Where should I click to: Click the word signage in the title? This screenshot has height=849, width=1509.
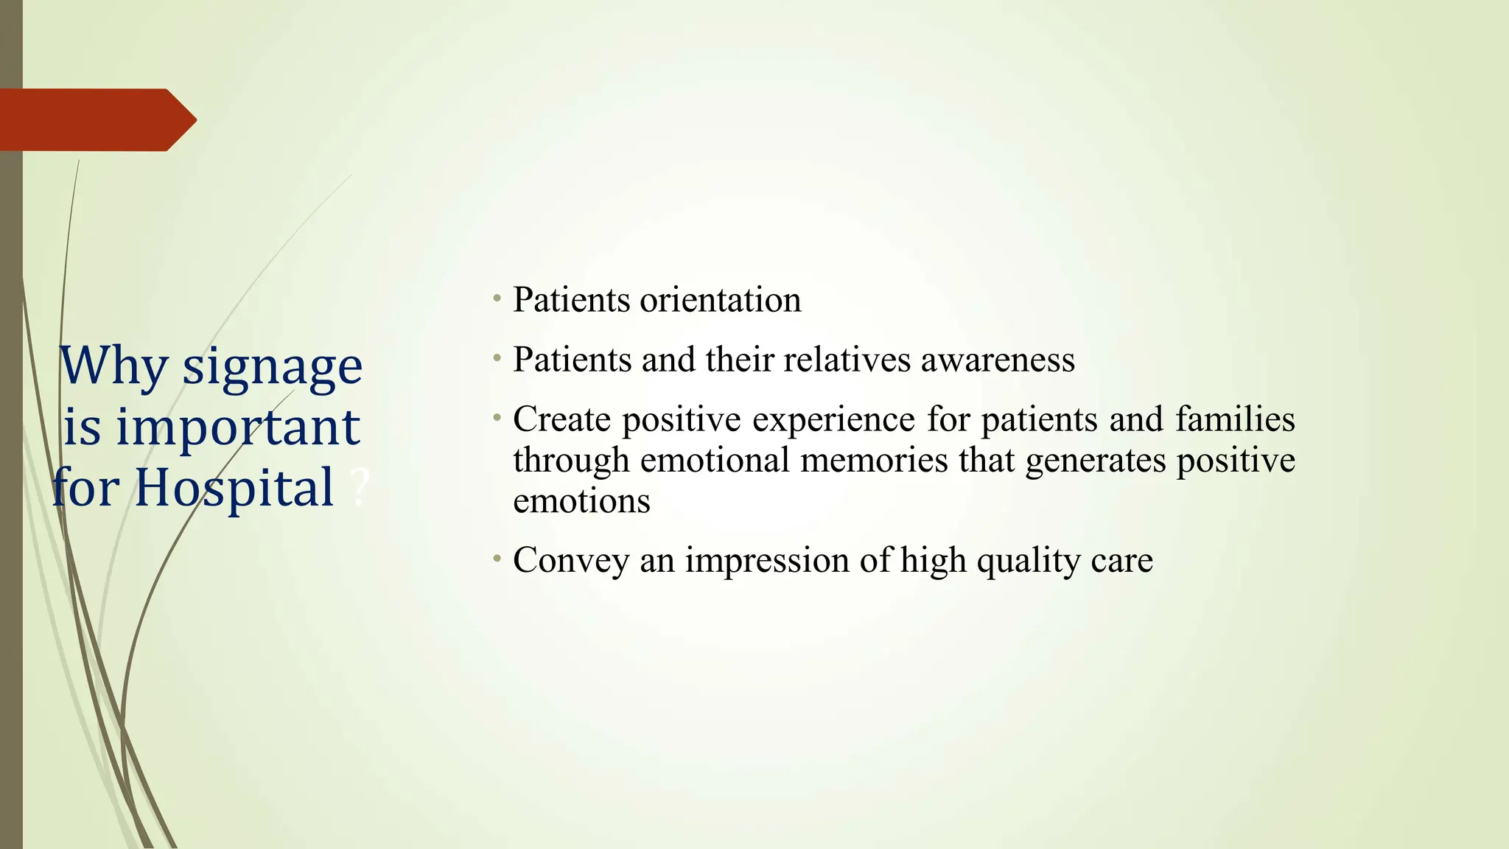(x=272, y=367)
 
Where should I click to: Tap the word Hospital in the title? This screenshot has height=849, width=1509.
(x=234, y=488)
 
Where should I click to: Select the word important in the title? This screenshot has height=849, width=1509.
(x=237, y=427)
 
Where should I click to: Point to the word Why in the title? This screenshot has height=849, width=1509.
(x=113, y=367)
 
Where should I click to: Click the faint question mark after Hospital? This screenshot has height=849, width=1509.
(x=360, y=488)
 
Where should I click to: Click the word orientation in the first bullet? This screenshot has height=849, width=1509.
(x=720, y=300)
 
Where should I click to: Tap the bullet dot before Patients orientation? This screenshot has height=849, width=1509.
(x=497, y=298)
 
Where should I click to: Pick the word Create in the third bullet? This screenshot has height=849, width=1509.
(x=561, y=419)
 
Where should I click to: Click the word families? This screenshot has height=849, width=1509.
(x=1235, y=419)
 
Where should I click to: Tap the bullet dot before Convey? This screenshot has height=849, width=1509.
(x=497, y=559)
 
